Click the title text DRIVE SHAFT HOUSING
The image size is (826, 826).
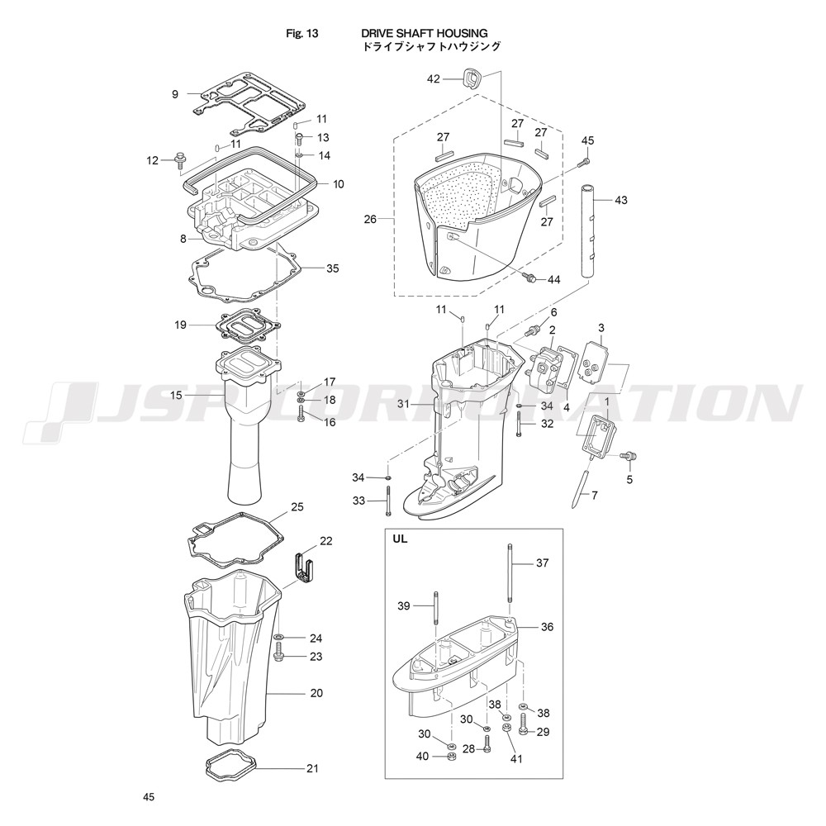pyautogui.click(x=424, y=34)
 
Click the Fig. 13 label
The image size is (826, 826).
pyautogui.click(x=301, y=34)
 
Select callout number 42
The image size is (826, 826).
pyautogui.click(x=433, y=79)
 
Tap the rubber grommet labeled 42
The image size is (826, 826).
pyautogui.click(x=472, y=79)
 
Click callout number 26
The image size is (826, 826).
pyautogui.click(x=370, y=219)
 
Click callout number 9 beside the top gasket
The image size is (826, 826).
pyautogui.click(x=175, y=94)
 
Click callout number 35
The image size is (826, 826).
pyautogui.click(x=332, y=268)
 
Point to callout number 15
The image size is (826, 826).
pyautogui.click(x=177, y=395)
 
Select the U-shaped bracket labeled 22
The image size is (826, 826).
pyautogui.click(x=303, y=567)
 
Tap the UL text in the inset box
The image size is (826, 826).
pyautogui.click(x=400, y=539)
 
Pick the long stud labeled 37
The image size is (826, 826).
pyautogui.click(x=510, y=580)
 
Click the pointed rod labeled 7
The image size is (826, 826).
pyautogui.click(x=580, y=488)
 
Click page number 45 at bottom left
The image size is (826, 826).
pyautogui.click(x=149, y=797)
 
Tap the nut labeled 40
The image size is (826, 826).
pyautogui.click(x=451, y=757)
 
